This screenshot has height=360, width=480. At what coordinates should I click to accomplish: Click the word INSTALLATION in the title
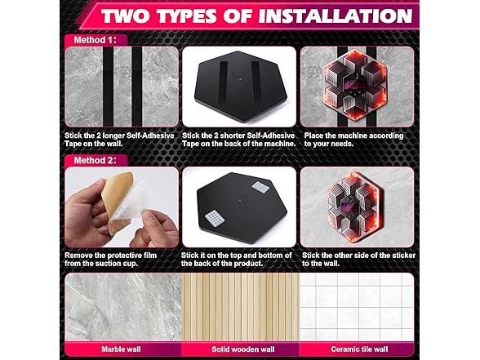tap(327, 17)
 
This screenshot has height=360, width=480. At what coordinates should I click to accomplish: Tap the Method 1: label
tap(91, 38)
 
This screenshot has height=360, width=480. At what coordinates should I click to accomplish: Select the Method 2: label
tap(91, 160)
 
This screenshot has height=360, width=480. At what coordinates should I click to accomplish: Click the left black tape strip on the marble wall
tap(104, 86)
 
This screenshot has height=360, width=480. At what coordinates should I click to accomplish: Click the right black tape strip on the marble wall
tap(136, 86)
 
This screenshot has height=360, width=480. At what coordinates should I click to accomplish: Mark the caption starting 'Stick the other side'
tap(356, 259)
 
